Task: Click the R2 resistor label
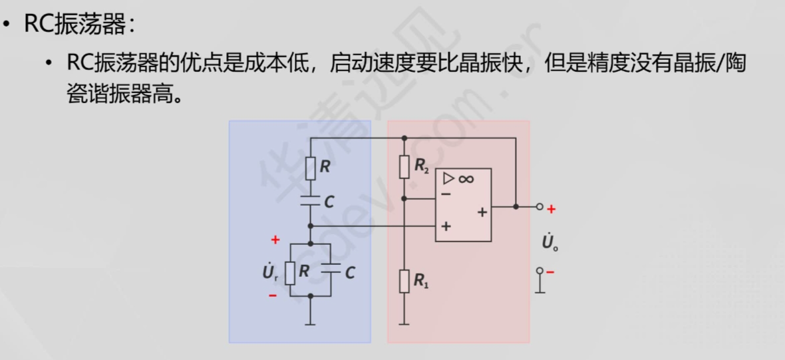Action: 422,166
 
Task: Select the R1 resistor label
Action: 422,281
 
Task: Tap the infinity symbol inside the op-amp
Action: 466,178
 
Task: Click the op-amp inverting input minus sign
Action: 446,194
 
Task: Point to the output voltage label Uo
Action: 549,242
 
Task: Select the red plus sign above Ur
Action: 275,240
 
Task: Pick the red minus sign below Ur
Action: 273,295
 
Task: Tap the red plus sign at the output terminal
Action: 551,209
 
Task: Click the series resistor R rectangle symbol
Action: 311,168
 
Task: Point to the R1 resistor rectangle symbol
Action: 404,281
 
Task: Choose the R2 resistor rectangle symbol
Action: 404,166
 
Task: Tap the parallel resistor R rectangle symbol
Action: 290,272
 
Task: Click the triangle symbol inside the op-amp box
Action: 449,178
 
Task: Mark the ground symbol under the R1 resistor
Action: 404,324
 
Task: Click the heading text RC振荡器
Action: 75,25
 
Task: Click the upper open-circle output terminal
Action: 540,207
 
